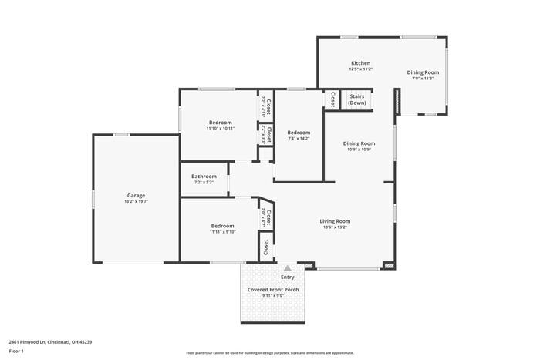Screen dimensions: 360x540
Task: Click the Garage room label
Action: [x=136, y=196]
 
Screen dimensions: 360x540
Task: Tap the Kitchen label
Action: [x=361, y=63]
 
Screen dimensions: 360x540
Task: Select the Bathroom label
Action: [x=204, y=177]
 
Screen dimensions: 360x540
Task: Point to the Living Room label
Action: [x=335, y=221]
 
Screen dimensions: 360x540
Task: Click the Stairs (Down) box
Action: [x=357, y=99]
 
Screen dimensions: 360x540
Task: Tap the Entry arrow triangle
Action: [x=287, y=267]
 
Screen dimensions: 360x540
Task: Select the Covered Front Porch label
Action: [x=273, y=290]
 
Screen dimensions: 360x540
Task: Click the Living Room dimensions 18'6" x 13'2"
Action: [x=335, y=227]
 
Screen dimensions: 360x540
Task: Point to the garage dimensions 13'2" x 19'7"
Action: [x=136, y=202]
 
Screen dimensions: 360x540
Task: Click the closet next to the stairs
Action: [x=332, y=99]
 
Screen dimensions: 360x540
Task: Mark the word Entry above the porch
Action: [x=287, y=278]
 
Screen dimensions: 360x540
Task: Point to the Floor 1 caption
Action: [x=16, y=352]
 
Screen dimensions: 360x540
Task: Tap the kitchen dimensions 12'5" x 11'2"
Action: [x=361, y=69]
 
